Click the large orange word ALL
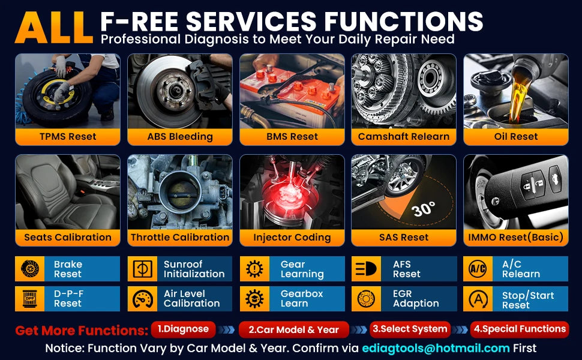pos(53,28)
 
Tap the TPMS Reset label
pos(68,137)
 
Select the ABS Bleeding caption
pos(180,137)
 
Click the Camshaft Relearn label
pos(404,137)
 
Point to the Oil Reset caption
pos(516,137)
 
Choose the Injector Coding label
pos(292,238)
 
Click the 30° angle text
pos(423,209)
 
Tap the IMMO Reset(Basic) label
pos(516,237)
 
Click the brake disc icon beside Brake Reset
pos(30,269)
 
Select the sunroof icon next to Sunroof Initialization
pos(143,269)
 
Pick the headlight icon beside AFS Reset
pos(366,269)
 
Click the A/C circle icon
pos(478,269)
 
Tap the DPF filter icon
pos(30,298)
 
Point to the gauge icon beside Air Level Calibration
pos(143,299)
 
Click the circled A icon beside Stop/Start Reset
pos(478,299)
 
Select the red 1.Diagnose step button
pos(184,329)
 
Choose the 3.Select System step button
pos(410,329)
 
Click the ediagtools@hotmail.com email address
pos(436,349)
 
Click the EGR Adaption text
pos(416,298)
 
